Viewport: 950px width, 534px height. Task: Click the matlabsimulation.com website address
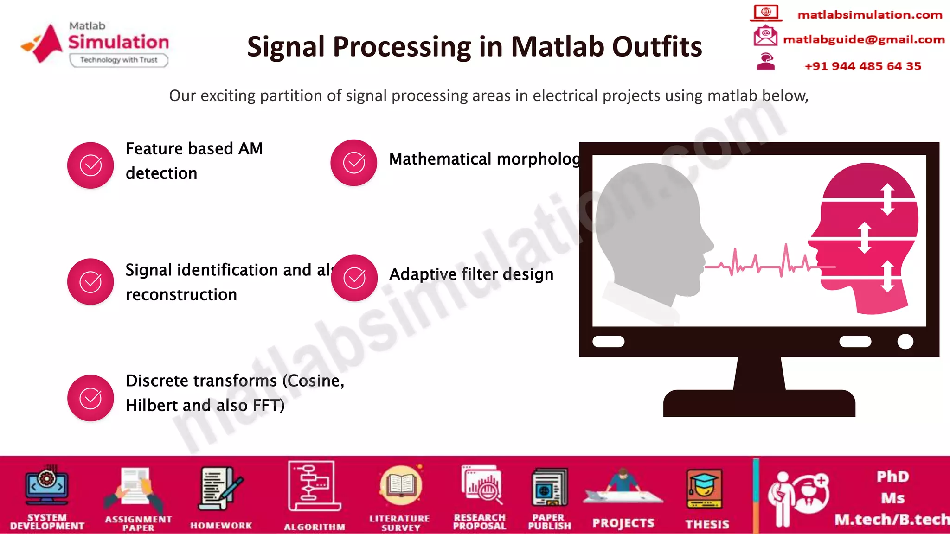869,15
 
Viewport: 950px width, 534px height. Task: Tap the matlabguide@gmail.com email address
864,39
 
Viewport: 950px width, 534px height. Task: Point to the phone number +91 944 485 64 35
862,66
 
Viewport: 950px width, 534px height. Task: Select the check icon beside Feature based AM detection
90,165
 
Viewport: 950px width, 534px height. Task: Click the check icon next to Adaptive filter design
354,278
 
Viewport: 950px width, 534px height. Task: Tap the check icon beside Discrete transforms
90,398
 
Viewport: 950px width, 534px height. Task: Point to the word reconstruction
181,295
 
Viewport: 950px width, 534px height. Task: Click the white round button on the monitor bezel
905,342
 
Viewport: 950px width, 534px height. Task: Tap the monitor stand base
759,403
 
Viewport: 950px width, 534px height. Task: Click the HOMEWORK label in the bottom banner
221,526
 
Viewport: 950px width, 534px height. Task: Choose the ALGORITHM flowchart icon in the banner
314,486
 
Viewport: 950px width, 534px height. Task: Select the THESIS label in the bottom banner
707,524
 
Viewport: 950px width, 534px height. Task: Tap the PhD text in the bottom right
892,477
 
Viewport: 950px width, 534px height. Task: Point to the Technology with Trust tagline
119,60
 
